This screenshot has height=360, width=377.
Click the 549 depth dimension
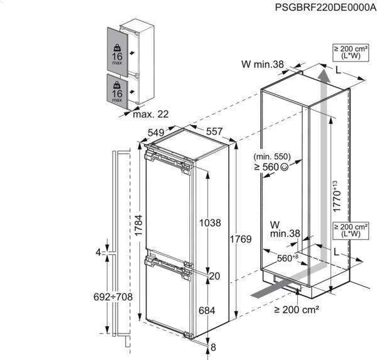tap(156, 133)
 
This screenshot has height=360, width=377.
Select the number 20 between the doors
tap(214, 276)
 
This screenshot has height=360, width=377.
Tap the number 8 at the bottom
tap(213, 347)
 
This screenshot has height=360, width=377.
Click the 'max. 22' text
tap(151, 114)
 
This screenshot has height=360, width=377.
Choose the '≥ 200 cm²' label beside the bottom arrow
tap(297, 308)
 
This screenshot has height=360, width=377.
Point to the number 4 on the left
tap(98, 253)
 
